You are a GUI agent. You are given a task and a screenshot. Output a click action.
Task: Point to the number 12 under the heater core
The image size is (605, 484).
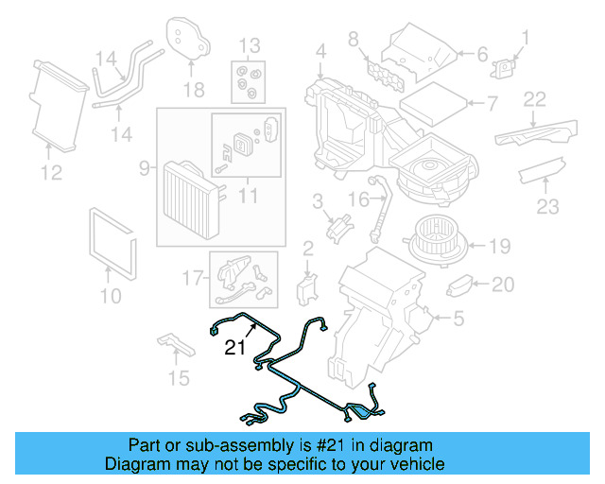(x=51, y=173)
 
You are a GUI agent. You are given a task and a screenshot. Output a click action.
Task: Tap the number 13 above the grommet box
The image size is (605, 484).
(x=248, y=45)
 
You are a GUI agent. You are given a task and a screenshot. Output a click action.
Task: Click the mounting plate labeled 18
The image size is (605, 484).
(x=189, y=39)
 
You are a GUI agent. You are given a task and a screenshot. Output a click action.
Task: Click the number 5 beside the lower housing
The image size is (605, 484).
(x=458, y=320)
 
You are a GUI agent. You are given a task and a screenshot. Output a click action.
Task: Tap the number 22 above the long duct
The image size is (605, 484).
(x=535, y=99)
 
